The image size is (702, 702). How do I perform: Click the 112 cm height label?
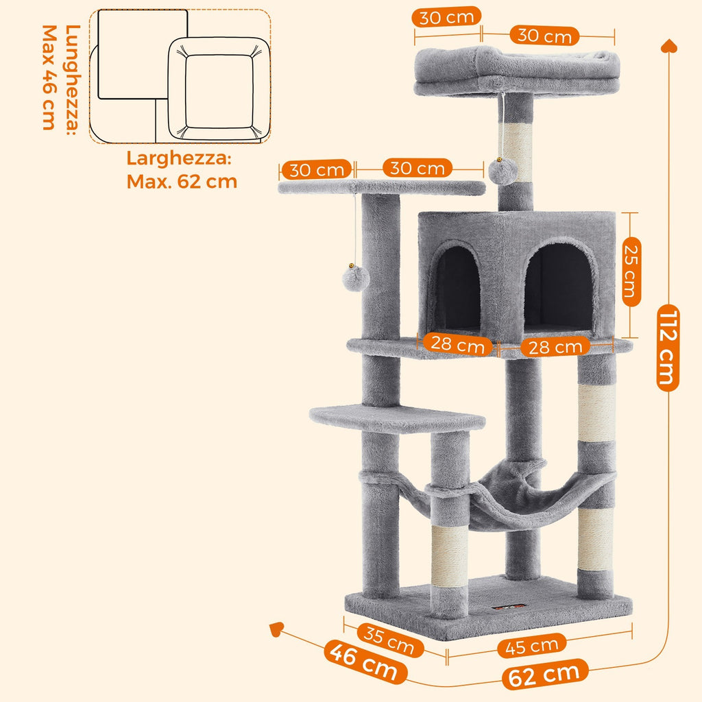click(x=667, y=348)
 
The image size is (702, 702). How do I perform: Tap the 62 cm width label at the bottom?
click(x=545, y=675)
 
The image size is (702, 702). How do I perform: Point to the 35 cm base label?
click(x=389, y=638)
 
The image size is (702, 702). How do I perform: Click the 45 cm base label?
click(x=533, y=645)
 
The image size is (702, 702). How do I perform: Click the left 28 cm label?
click(x=458, y=344)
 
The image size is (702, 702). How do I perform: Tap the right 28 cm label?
click(x=555, y=347)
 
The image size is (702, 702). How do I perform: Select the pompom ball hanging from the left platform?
click(x=356, y=278)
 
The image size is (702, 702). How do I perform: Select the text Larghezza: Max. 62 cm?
click(x=182, y=170)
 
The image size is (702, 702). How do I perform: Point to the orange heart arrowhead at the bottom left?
click(x=278, y=628)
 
